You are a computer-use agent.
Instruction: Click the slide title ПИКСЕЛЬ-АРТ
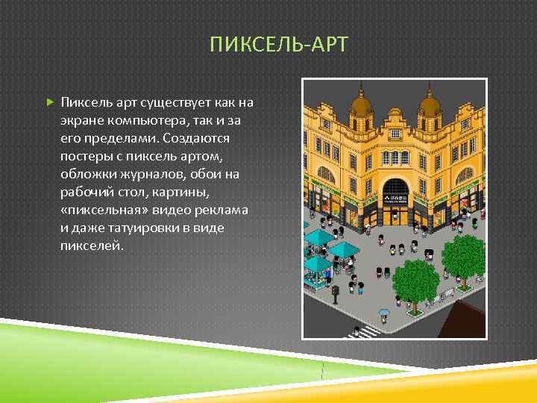(279, 45)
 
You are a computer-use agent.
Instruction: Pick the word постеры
(88, 156)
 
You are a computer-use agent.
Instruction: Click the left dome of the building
(362, 105)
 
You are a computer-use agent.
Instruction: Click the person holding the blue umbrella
(384, 314)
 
